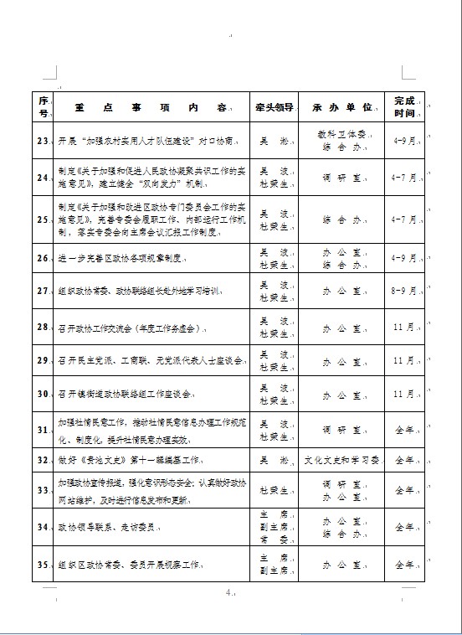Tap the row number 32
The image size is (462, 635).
pos(43,460)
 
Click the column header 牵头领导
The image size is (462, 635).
pos(274,108)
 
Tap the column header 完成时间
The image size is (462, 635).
pos(405,107)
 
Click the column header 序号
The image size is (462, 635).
pos(43,107)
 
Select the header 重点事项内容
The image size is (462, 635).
pos(151,108)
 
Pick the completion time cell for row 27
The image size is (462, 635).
pos(405,292)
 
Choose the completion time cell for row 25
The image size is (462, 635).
pos(405,218)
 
